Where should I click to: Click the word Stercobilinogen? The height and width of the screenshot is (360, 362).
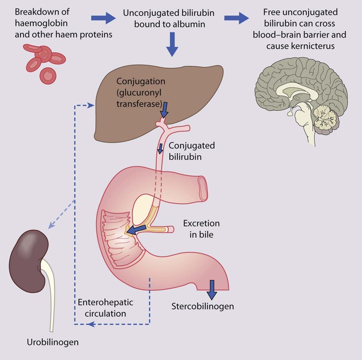click(x=202, y=307)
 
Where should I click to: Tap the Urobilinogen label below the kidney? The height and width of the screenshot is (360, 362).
click(x=53, y=342)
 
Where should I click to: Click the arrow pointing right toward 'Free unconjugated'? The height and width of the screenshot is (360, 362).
click(x=236, y=18)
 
